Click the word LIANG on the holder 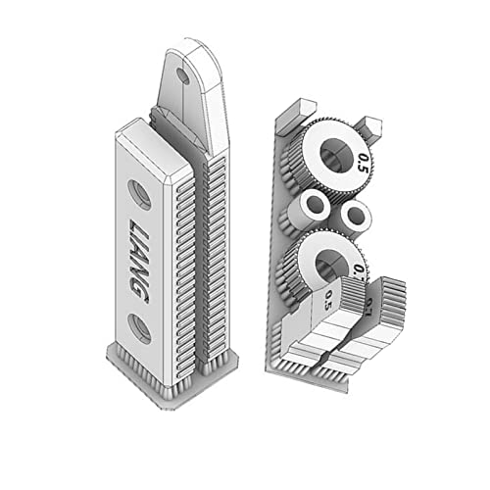[140, 259]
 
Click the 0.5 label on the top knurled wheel [364, 161]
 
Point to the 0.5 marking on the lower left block [327, 298]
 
